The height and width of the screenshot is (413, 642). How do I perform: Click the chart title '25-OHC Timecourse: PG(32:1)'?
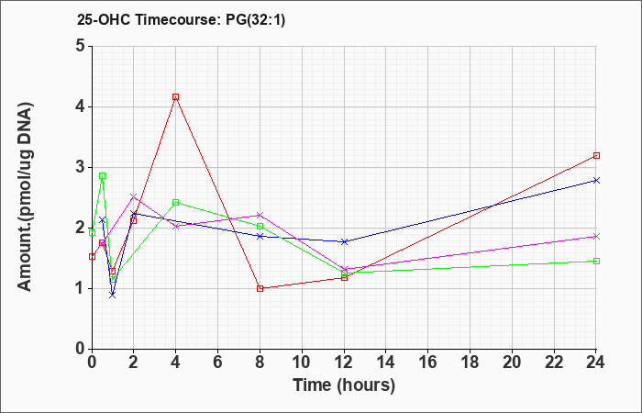181,19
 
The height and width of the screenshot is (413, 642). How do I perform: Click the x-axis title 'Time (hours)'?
344,385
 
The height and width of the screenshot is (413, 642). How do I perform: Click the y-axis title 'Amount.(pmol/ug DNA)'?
25,196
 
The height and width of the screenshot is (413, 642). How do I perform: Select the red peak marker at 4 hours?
176,97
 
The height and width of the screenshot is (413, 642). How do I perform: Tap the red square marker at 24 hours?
596,156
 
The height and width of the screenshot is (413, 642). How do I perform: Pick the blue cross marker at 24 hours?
596,180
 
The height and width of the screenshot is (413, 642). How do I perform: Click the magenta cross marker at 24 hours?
596,237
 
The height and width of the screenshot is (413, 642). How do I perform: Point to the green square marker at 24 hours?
596,261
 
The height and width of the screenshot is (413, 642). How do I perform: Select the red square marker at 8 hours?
260,288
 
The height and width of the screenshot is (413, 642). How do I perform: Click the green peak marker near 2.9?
103,176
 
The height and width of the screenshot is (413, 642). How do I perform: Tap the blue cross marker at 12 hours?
344,241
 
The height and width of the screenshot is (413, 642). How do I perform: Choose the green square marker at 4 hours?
176,203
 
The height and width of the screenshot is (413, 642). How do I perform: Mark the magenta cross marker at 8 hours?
260,215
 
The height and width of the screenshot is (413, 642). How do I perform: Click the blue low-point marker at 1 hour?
113,295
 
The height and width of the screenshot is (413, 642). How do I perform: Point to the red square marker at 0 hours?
92,256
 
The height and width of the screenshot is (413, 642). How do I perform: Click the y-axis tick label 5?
81,46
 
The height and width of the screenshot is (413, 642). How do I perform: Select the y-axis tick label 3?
81,167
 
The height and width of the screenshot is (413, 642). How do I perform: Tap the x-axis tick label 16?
428,363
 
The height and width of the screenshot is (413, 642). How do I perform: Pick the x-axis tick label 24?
595,363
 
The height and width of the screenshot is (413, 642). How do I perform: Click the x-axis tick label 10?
302,363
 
